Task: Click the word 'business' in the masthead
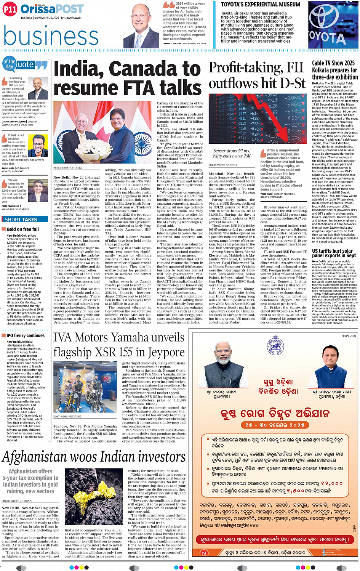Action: (x=51, y=36)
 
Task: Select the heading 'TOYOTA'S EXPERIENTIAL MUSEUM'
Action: (x=261, y=5)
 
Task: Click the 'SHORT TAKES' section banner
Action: (x=21, y=220)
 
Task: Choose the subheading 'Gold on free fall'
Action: (x=22, y=229)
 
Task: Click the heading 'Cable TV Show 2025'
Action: (x=333, y=63)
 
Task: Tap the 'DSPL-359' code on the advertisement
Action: (x=349, y=336)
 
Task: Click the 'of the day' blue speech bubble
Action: (x=9, y=64)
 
